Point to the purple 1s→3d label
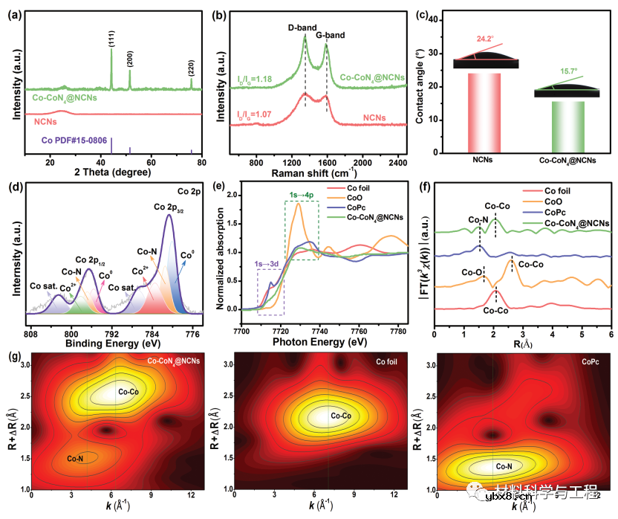267,263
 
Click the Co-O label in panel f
472,273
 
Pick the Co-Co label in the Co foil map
340,416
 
